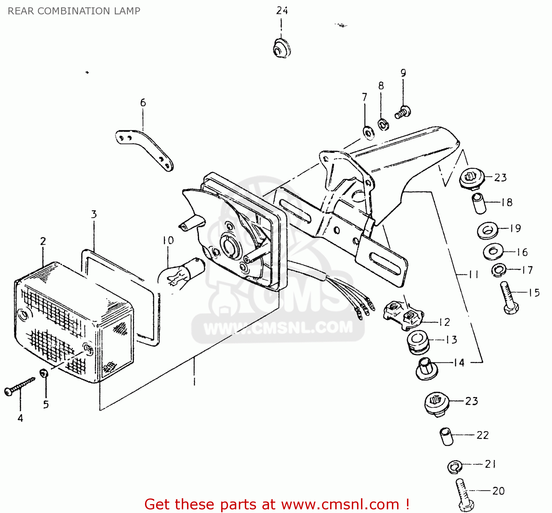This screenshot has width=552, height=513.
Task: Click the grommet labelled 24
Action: pos(282,48)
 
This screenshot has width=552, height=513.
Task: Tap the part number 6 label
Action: pos(143,103)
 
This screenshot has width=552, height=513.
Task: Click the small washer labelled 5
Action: pos(44,373)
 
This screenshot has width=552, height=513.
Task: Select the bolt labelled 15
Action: pos(509,298)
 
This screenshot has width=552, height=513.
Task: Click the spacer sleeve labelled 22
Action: pos(446,436)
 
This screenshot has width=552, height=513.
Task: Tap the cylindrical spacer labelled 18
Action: pos(479,203)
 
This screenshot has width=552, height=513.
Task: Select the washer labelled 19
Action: pos(487,231)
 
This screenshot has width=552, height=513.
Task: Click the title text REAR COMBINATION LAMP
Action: pos(74,11)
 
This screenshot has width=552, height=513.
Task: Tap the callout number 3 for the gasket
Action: pos(94,214)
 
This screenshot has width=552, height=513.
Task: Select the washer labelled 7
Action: pos(368,133)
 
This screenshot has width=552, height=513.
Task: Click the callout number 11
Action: pos(473,274)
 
